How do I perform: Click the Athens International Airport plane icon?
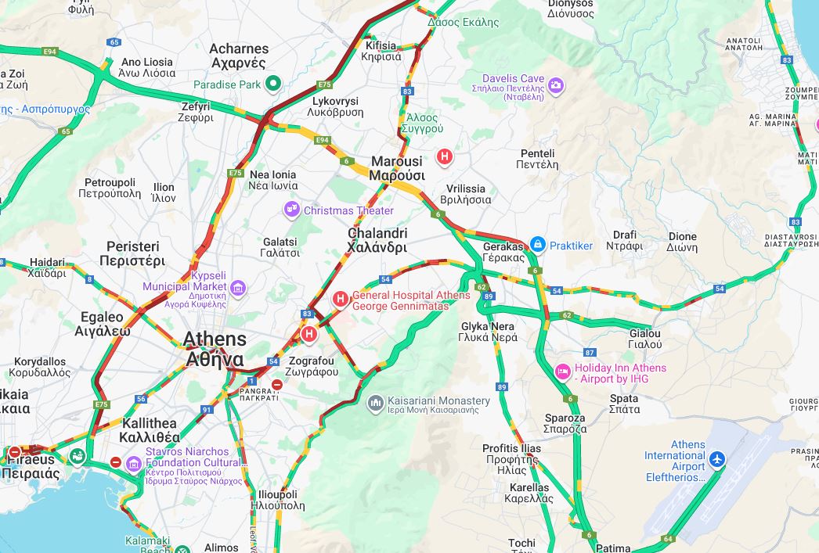point(717,458)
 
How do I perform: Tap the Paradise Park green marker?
point(272,84)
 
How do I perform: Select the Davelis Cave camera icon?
point(556,85)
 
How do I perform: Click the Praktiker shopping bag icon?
point(537,246)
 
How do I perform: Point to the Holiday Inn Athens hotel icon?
point(562,371)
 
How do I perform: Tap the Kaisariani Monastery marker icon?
point(376,403)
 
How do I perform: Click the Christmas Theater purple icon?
point(292,210)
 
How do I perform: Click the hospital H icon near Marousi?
point(445,157)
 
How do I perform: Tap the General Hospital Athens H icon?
point(341,299)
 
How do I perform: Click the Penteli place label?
point(537,159)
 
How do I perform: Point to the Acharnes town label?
point(239,56)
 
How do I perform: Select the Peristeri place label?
point(132,253)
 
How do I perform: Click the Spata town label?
point(624,404)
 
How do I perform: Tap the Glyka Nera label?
point(489,332)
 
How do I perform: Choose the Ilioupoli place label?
point(277,500)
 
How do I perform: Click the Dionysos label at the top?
point(575,8)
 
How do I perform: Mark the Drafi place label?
point(625,239)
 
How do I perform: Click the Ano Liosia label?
point(147,67)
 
